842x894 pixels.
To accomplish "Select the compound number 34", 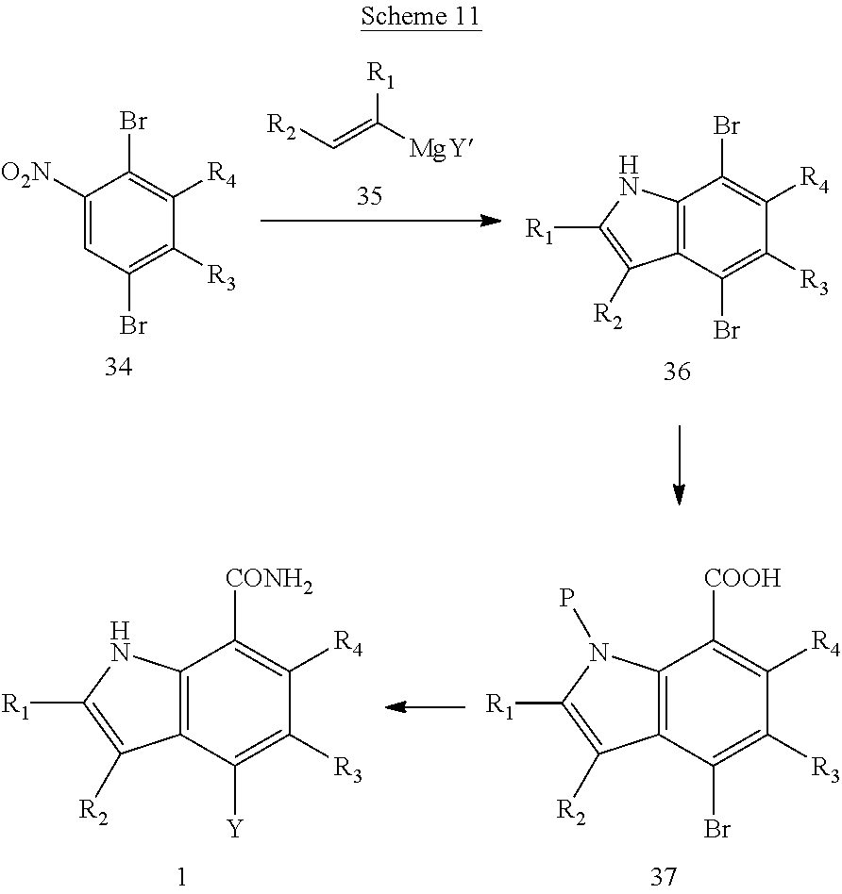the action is pyautogui.click(x=119, y=368).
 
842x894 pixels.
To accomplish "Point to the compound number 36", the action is pyautogui.click(x=676, y=372).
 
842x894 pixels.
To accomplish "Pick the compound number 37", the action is pyautogui.click(x=664, y=877).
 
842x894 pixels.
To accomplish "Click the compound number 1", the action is pyautogui.click(x=182, y=877).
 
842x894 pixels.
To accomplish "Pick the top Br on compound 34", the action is pyautogui.click(x=133, y=121).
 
